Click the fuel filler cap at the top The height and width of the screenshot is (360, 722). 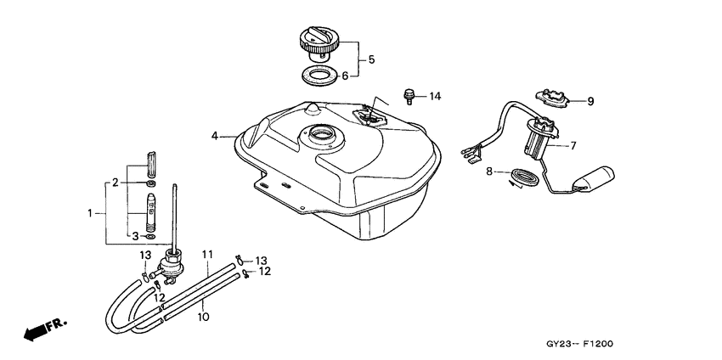click(x=319, y=44)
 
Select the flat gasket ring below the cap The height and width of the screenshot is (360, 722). click(x=319, y=76)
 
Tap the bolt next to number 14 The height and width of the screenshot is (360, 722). click(x=409, y=96)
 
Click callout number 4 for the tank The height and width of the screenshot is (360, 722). click(x=215, y=136)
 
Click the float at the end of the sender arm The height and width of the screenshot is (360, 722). click(x=595, y=178)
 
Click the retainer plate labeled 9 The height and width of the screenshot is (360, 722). click(x=553, y=98)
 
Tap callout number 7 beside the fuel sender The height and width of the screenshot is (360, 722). click(x=573, y=146)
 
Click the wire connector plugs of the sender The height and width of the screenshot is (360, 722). click(x=471, y=155)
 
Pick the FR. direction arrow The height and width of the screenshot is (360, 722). click(x=45, y=329)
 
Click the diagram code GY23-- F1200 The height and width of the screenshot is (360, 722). click(x=579, y=344)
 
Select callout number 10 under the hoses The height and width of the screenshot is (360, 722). click(x=204, y=317)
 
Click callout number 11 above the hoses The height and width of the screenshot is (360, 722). click(x=207, y=254)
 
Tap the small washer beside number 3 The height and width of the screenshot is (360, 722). click(x=150, y=237)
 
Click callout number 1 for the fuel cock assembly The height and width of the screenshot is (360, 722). click(x=90, y=213)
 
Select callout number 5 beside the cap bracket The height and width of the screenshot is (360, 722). click(x=371, y=59)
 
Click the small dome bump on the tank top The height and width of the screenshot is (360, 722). click(x=313, y=108)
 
